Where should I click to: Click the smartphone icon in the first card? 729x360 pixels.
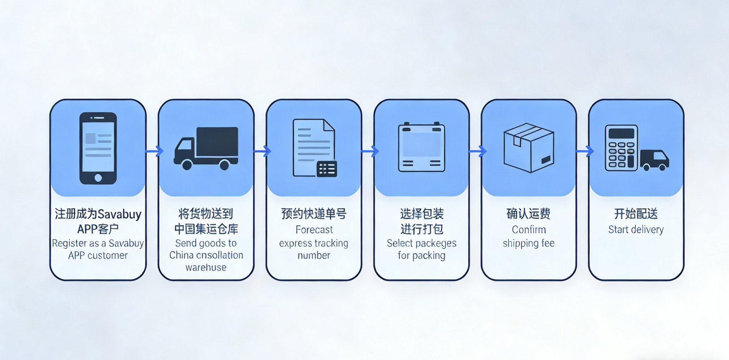pos(98,148)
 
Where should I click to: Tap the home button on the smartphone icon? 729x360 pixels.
pos(98,178)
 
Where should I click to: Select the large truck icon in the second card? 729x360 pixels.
pos(206,148)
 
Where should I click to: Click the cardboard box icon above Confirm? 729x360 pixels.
pos(529,148)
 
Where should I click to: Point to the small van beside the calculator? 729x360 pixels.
pos(654,160)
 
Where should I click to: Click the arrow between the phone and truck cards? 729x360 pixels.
pos(154,151)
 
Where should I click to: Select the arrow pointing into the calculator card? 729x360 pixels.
pos(585,151)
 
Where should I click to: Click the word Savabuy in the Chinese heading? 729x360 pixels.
pos(120,214)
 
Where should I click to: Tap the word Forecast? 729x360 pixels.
pos(314,230)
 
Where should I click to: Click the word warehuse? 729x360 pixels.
pos(206,268)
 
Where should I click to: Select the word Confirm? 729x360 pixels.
pos(529,230)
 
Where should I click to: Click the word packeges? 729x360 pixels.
pos(435,243)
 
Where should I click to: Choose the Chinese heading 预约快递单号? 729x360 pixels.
pos(314,214)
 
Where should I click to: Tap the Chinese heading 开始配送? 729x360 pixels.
pos(636,214)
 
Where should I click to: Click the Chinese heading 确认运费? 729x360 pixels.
pos(529,214)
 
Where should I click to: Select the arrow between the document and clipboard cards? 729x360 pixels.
pos(370,151)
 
